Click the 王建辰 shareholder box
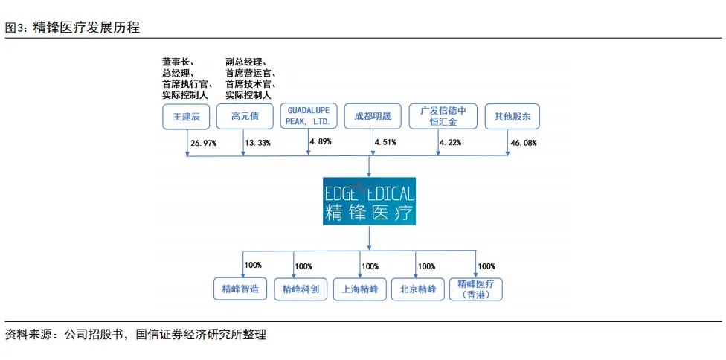tap(187, 117)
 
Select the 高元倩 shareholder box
tap(244, 117)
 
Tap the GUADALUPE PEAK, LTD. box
tap(309, 116)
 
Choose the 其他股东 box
tap(513, 117)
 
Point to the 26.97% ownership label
tap(203, 142)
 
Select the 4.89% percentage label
tap(321, 141)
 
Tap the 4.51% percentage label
tap(385, 142)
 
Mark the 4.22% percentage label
tap(451, 142)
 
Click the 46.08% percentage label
tap(524, 142)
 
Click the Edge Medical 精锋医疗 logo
tap(369, 201)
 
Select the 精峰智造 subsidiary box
tap(240, 289)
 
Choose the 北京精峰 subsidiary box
tap(417, 289)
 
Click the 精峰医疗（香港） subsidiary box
tap(476, 289)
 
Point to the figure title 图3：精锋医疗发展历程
tap(72, 28)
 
